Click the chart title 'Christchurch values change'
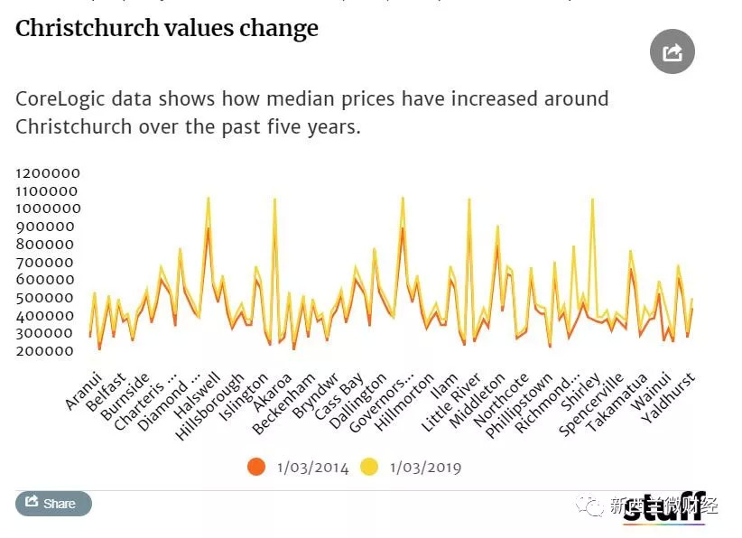click(x=167, y=29)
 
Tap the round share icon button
click(x=672, y=52)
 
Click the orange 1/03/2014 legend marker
click(x=256, y=467)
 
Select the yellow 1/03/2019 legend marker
click(x=369, y=467)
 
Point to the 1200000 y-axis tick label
click(x=48, y=173)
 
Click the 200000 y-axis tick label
click(x=48, y=351)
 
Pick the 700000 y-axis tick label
click(x=48, y=262)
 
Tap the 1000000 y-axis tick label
click(x=48, y=209)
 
